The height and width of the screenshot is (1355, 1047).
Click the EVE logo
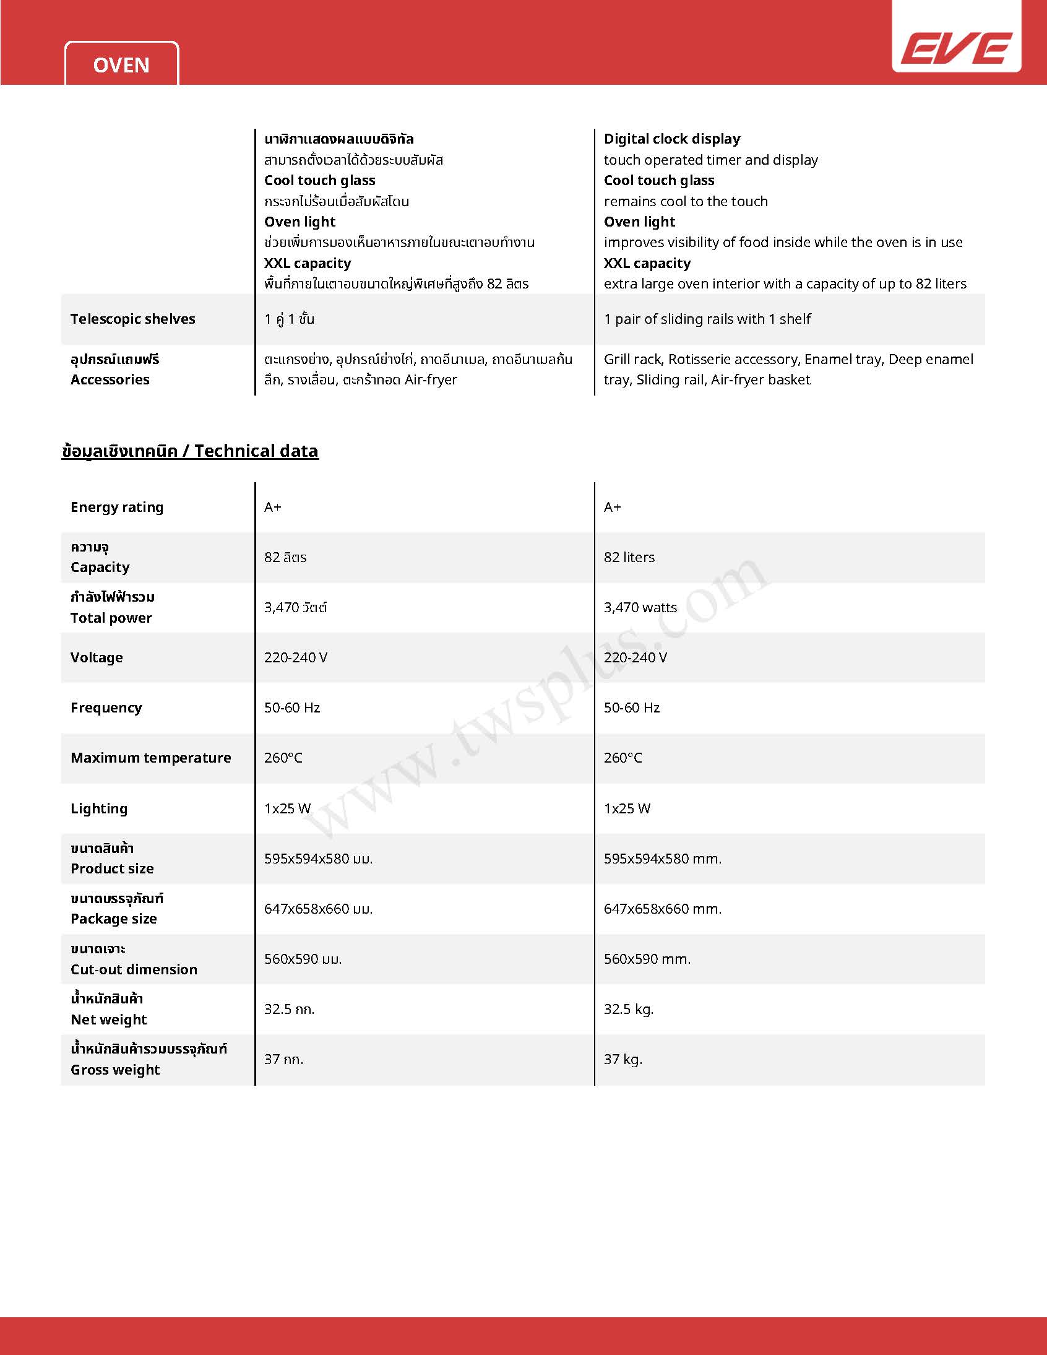tap(956, 48)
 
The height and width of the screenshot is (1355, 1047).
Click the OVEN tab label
tap(121, 65)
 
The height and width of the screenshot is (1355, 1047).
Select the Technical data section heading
tap(190, 451)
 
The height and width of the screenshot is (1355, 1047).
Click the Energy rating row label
tap(117, 508)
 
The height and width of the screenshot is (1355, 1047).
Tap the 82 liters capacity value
tap(629, 557)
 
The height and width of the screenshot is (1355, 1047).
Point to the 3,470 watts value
tap(640, 607)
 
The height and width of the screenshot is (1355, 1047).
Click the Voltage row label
tap(97, 657)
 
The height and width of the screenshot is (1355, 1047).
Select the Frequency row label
tap(106, 708)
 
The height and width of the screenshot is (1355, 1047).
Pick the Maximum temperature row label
tap(151, 758)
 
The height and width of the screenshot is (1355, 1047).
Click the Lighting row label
tap(99, 808)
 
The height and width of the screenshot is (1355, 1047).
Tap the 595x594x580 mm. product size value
tap(663, 859)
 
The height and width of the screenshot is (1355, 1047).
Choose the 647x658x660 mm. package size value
tap(663, 909)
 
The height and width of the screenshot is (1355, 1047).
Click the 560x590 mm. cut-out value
tap(647, 959)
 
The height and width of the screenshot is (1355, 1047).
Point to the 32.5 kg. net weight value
tap(628, 1010)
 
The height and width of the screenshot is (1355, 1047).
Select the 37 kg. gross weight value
tap(623, 1060)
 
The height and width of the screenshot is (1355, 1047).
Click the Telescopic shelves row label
tap(133, 319)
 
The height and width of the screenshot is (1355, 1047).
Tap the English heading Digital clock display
tap(672, 139)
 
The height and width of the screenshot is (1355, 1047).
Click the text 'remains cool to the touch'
tap(686, 202)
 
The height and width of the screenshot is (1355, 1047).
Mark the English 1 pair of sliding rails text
tap(707, 319)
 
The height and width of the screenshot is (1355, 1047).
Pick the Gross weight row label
tap(115, 1070)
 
